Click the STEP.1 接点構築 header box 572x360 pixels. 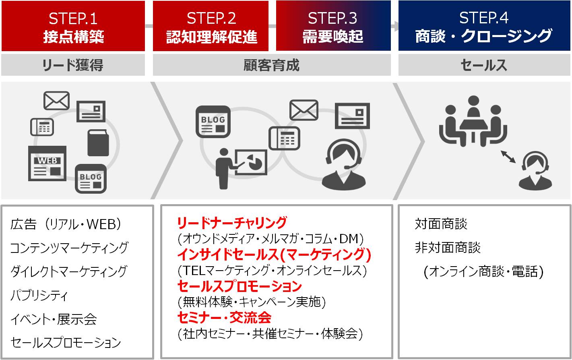(x=73, y=26)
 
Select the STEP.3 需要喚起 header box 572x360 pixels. (x=333, y=25)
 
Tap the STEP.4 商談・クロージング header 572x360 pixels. (x=484, y=25)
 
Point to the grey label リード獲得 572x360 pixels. (x=73, y=65)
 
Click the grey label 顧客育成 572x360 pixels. (x=272, y=65)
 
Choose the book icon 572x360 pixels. (x=98, y=143)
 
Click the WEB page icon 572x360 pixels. (x=47, y=163)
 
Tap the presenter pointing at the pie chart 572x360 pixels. (x=241, y=169)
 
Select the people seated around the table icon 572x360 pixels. (x=473, y=121)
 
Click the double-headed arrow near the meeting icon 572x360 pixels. (x=508, y=157)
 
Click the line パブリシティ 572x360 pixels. (x=39, y=295)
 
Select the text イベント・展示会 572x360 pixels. (x=54, y=319)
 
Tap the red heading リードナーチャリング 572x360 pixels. (x=232, y=223)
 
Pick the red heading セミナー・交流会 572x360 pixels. (x=225, y=318)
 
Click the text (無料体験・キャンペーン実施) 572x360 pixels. (x=252, y=302)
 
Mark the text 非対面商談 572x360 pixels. (x=448, y=248)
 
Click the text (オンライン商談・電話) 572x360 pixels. (x=483, y=271)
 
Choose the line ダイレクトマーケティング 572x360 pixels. (x=69, y=271)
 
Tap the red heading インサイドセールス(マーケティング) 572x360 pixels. (x=274, y=254)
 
